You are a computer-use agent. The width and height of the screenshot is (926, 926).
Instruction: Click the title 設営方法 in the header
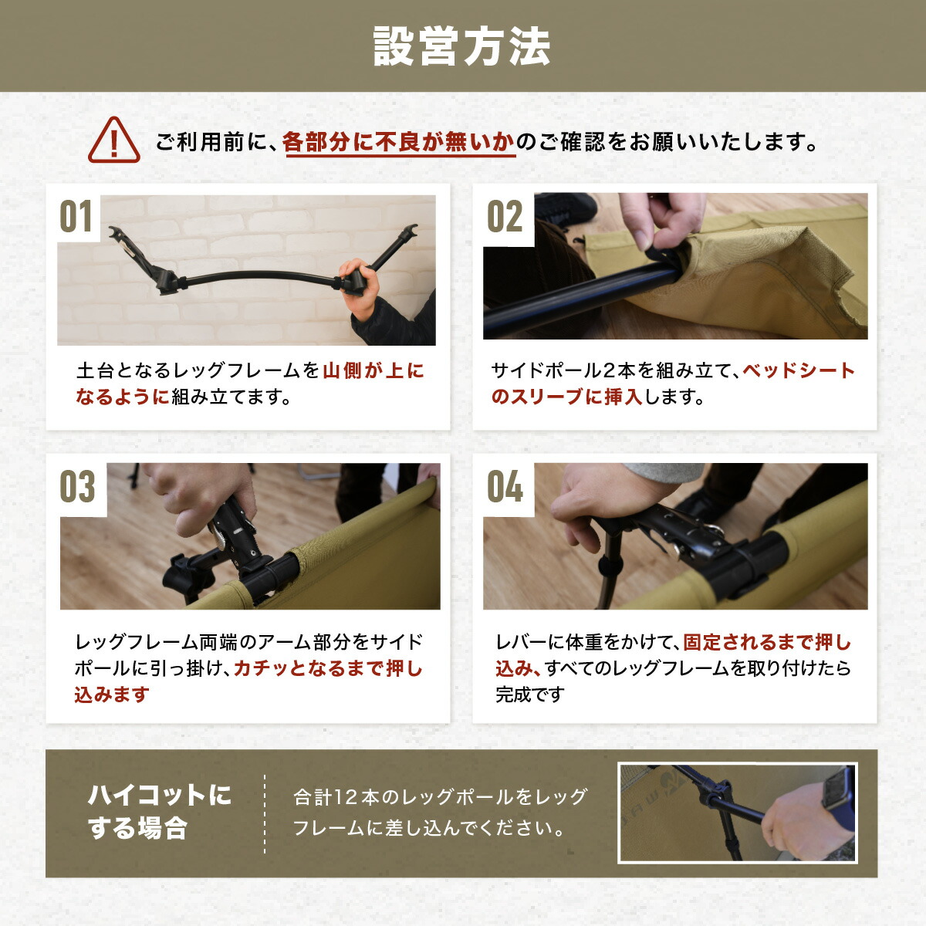click(461, 46)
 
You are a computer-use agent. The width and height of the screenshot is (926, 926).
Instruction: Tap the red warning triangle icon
click(114, 140)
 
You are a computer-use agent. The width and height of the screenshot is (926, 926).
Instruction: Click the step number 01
click(76, 217)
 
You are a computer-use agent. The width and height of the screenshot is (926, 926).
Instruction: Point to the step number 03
click(78, 488)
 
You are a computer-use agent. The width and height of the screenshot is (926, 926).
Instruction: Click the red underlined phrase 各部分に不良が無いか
click(399, 143)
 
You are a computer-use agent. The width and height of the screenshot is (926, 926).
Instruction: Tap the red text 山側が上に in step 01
click(373, 371)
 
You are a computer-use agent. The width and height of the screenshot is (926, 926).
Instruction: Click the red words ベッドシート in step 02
click(799, 371)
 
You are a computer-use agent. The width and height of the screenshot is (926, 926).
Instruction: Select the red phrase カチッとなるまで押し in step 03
click(328, 668)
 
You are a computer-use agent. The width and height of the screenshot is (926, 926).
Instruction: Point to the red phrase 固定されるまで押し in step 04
click(767, 642)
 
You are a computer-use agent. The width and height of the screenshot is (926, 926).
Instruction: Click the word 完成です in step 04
click(530, 694)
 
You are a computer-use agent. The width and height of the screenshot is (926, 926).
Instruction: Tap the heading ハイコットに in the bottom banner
click(159, 796)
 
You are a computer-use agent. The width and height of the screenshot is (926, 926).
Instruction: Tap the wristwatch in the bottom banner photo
click(837, 789)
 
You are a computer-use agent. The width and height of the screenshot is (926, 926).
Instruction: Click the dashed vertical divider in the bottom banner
click(265, 814)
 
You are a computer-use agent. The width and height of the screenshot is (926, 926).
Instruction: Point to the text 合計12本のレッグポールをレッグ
click(441, 797)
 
